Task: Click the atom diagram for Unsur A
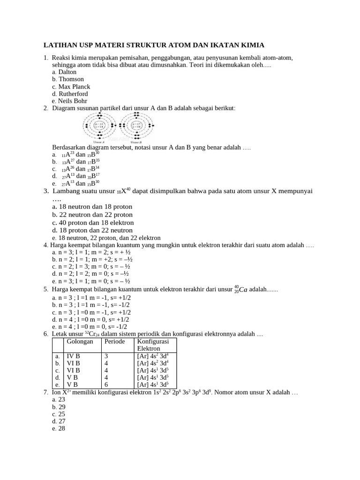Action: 99,127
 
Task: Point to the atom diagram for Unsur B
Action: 136,127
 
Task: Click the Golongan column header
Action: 81,342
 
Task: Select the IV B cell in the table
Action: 73,356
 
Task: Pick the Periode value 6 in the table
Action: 106,384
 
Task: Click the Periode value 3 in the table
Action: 106,356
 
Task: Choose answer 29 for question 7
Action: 61,407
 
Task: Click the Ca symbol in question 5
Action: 243,290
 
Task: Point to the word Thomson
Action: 71,79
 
